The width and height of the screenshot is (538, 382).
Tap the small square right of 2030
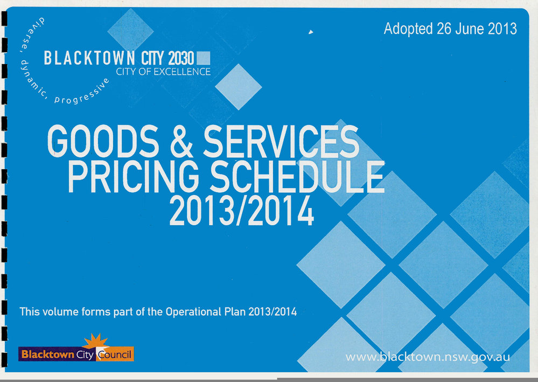[x=204, y=58]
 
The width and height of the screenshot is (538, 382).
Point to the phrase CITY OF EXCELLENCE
[x=163, y=72]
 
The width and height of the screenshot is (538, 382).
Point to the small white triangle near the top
[x=311, y=33]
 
